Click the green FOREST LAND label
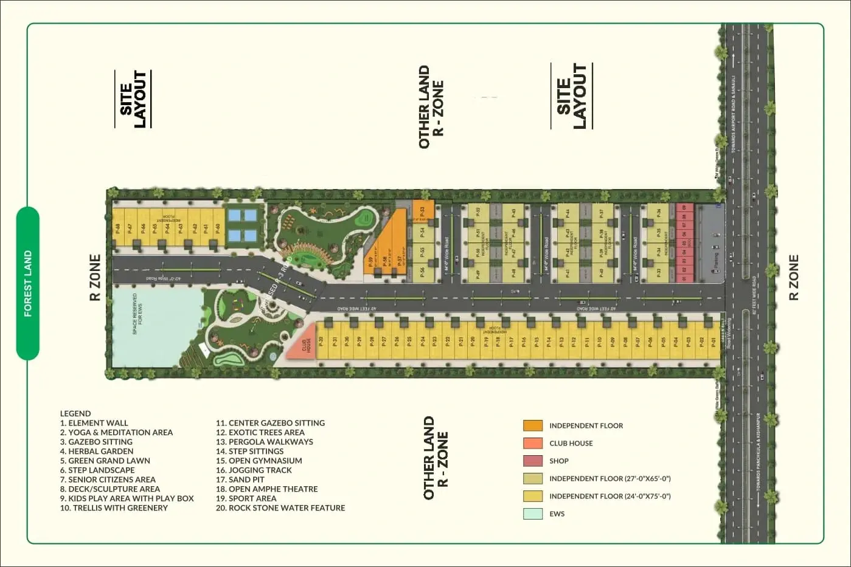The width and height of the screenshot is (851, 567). tap(28, 284)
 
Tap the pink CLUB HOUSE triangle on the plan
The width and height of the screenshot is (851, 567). tap(304, 346)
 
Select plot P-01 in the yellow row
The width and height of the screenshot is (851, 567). tap(714, 342)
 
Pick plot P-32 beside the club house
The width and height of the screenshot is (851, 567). tap(321, 342)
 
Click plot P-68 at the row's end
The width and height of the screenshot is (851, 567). tap(118, 228)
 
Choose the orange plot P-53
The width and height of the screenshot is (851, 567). tap(422, 210)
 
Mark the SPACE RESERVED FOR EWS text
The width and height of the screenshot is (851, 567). tap(137, 314)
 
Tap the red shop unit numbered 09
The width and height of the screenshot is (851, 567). tap(684, 208)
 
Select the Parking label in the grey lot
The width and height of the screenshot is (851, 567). tap(715, 259)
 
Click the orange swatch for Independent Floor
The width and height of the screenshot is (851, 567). tap(533, 425)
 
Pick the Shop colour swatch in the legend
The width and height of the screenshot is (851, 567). tap(533, 461)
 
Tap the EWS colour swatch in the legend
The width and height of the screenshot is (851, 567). tap(533, 514)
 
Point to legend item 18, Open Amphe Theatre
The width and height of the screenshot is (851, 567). tap(266, 489)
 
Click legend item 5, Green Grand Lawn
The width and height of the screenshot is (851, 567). tap(105, 461)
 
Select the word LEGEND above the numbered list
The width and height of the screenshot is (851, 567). tap(75, 413)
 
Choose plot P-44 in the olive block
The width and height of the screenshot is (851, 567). tap(568, 213)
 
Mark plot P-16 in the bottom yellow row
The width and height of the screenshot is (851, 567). tap(524, 342)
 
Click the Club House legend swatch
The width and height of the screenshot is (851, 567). tap(533, 443)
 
